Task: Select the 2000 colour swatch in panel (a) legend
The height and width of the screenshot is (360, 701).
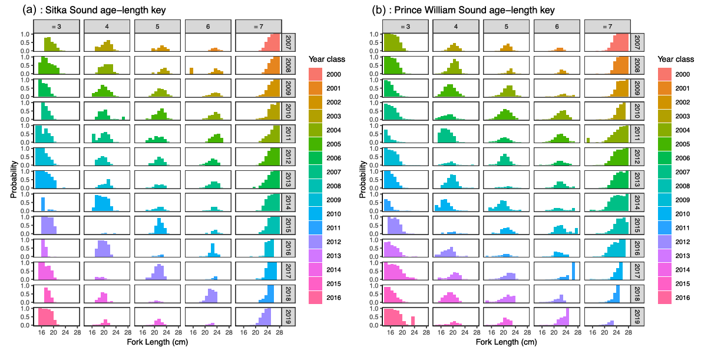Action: (318, 74)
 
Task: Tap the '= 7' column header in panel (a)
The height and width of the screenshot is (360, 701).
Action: (258, 26)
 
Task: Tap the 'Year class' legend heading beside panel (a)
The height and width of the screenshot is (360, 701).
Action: (326, 60)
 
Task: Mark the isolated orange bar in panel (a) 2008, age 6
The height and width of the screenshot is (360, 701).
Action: (191, 71)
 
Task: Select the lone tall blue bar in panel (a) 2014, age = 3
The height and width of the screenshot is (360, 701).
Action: (43, 204)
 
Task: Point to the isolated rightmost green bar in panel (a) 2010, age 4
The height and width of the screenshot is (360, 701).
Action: (124, 118)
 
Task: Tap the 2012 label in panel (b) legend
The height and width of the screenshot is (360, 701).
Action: (683, 242)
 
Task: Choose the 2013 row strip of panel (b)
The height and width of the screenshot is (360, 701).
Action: (636, 179)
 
